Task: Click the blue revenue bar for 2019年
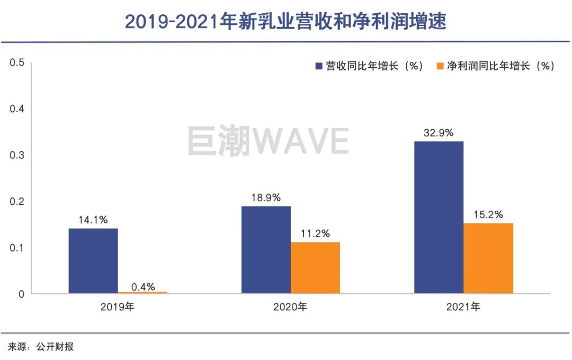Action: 93,261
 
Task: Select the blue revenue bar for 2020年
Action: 266,250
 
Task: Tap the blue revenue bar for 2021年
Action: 439,217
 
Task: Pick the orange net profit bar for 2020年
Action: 315,267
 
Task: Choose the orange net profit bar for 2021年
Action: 488,258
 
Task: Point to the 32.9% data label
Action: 439,133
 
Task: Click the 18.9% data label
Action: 266,197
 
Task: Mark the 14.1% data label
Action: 93,220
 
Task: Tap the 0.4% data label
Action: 143,287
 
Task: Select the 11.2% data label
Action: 315,233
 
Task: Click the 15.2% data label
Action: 488,215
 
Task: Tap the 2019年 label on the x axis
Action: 118,307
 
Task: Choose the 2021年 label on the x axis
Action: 463,307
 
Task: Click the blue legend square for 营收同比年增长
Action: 319,66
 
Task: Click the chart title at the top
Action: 286,22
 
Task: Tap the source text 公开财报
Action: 55,347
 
